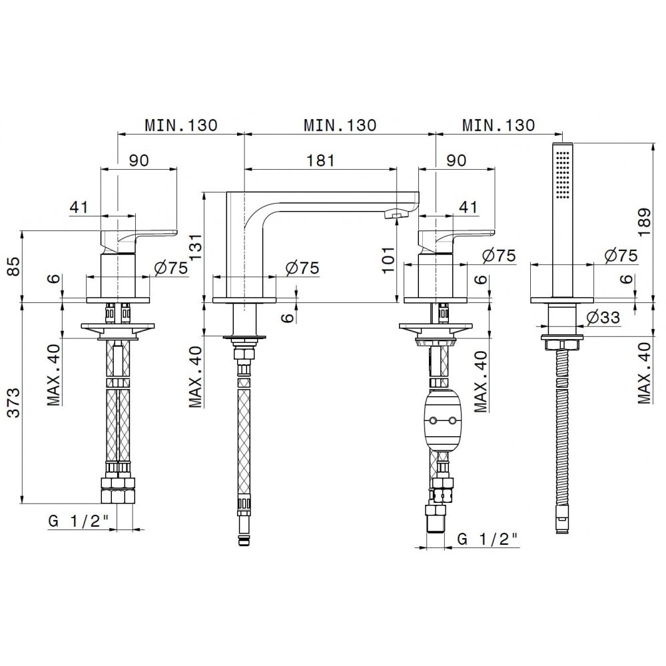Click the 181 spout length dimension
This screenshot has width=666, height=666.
(320, 161)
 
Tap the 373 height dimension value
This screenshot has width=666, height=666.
(13, 403)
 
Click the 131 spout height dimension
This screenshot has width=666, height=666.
(196, 248)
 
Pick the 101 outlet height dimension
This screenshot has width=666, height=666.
(388, 258)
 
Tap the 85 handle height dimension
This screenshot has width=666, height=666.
(13, 266)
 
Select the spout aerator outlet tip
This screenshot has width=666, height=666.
(395, 215)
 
